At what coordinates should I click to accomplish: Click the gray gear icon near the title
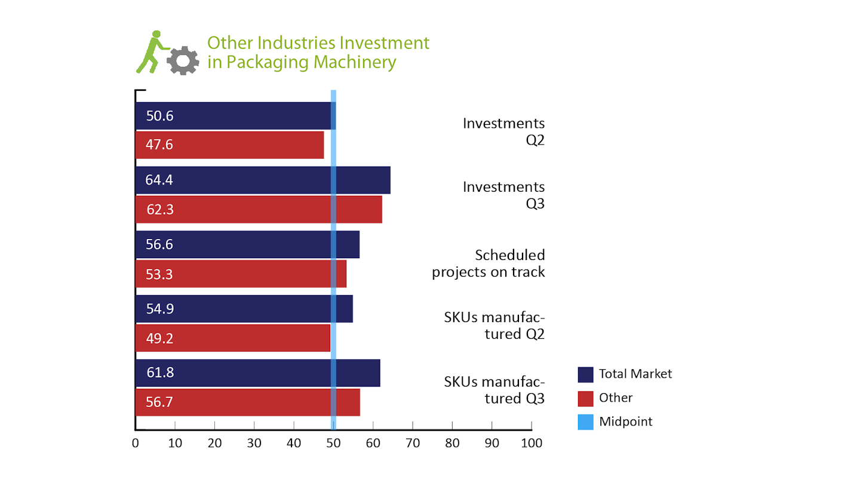point(183,60)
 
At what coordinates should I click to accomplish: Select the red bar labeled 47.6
point(229,145)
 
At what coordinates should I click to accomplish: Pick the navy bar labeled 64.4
point(263,180)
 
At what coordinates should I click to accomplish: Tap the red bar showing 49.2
point(233,338)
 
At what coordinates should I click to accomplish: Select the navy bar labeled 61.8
point(257,373)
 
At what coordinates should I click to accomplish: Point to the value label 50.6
point(159,116)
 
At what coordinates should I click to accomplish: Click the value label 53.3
point(159,274)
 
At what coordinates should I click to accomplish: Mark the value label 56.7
point(159,402)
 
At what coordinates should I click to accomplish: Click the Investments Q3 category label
point(505,195)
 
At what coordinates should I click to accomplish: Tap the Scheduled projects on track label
point(489,263)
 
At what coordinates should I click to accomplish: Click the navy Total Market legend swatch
point(585,374)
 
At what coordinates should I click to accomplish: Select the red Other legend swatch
point(585,398)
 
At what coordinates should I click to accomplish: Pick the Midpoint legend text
point(625,421)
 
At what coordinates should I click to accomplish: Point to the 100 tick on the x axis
point(531,443)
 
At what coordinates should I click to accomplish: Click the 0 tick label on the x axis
point(136,443)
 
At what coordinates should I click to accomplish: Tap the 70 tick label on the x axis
point(413,443)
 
